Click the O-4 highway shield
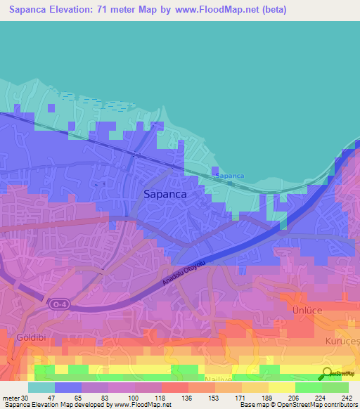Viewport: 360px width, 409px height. click(x=58, y=304)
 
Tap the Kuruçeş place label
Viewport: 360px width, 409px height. click(x=345, y=339)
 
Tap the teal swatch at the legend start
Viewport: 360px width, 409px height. click(x=41, y=387)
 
